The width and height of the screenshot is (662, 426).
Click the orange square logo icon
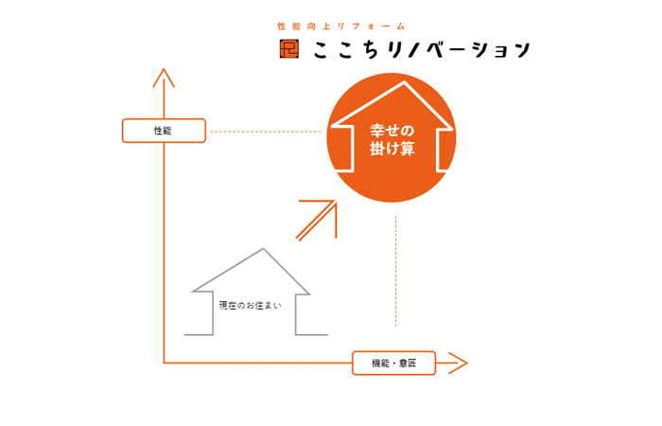click(x=289, y=48)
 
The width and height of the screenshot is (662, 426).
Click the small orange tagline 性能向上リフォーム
click(x=341, y=27)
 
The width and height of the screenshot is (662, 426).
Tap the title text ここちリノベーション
click(x=422, y=49)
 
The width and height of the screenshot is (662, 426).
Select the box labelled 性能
click(x=164, y=131)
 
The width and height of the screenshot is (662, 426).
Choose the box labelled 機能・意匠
click(x=394, y=363)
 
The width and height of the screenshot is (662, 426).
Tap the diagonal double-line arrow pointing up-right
click(x=317, y=221)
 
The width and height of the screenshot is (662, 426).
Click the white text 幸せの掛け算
click(x=392, y=139)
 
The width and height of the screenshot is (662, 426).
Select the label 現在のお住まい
click(x=250, y=305)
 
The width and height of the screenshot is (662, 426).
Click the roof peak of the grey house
click(x=263, y=248)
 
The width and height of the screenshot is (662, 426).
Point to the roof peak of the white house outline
click(x=404, y=82)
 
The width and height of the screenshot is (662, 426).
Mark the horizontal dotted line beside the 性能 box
click(x=266, y=132)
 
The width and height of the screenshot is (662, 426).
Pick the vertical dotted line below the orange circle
click(x=395, y=271)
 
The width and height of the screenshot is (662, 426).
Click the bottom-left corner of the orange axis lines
click(x=164, y=363)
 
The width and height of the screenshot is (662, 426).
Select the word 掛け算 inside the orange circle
click(x=392, y=149)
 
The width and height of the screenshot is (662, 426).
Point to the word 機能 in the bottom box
click(x=380, y=363)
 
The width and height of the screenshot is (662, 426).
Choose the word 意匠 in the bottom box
click(x=408, y=363)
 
